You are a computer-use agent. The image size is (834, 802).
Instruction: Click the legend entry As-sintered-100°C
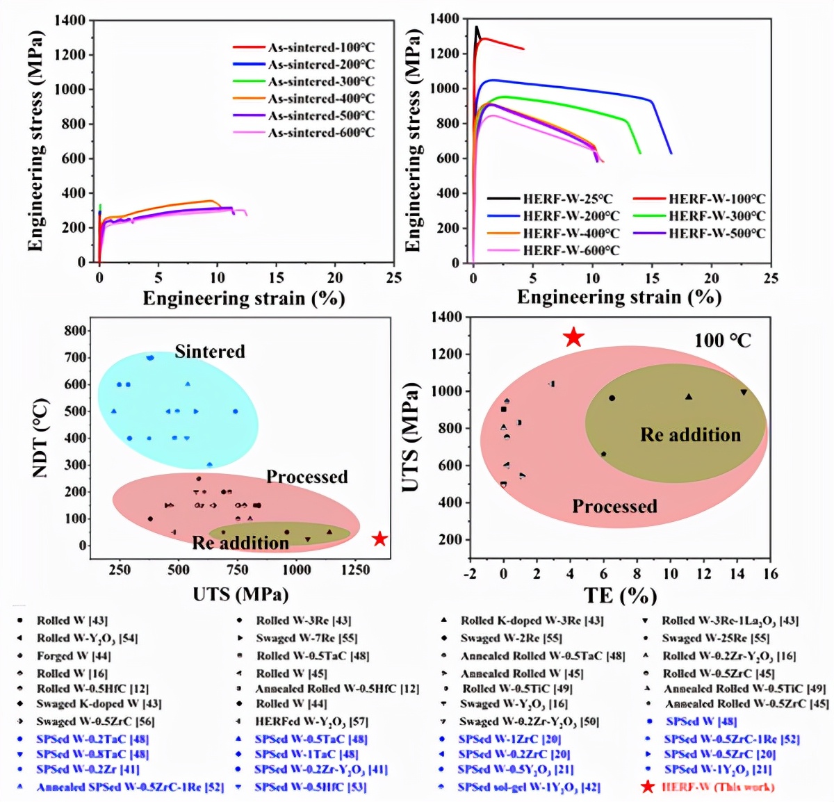(321, 48)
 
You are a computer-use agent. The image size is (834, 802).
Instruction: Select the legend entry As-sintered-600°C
(321, 133)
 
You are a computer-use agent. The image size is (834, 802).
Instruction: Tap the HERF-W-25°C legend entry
(568, 199)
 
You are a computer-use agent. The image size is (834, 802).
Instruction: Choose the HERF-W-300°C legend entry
(717, 216)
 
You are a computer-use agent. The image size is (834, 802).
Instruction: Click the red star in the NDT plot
(379, 539)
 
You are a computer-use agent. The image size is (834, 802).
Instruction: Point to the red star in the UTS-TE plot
(573, 338)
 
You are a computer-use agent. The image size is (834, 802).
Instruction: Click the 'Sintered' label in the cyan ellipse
(210, 352)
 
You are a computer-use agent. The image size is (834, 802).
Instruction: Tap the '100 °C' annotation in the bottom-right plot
(723, 341)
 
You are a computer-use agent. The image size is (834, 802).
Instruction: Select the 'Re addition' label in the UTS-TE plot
(690, 435)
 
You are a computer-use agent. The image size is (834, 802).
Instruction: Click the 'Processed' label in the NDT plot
(306, 477)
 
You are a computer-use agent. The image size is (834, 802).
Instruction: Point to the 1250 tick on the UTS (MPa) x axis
(356, 570)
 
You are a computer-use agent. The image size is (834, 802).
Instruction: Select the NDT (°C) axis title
(40, 438)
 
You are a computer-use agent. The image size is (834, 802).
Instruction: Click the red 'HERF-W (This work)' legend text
(718, 787)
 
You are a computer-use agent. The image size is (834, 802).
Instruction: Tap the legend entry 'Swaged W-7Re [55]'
(306, 638)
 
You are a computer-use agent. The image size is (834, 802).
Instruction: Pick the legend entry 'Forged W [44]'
(74, 655)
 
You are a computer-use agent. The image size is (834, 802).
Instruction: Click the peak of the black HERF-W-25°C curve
(477, 27)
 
